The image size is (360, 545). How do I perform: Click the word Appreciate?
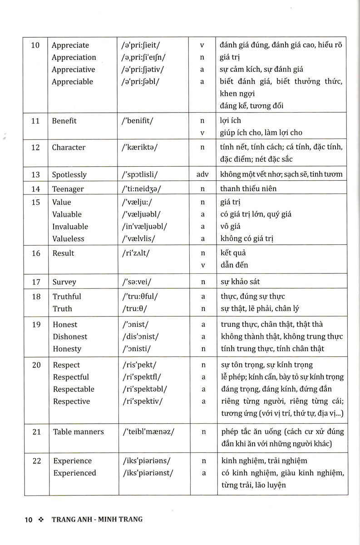pyautogui.click(x=70, y=45)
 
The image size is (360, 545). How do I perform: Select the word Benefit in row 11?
pyautogui.click(x=64, y=121)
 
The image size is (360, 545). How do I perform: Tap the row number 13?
pyautogui.click(x=36, y=175)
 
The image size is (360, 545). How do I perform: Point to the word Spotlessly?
pyautogui.click(x=69, y=175)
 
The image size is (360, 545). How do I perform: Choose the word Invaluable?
pyautogui.click(x=70, y=227)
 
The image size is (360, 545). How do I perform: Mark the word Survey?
pyautogui.click(x=64, y=282)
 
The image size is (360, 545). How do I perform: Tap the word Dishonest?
pyautogui.click(x=70, y=337)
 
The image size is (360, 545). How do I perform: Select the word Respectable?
pyautogui.click(x=74, y=389)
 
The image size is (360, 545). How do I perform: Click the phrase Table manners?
pyautogui.click(x=79, y=432)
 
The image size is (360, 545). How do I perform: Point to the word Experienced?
pyautogui.click(x=74, y=473)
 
